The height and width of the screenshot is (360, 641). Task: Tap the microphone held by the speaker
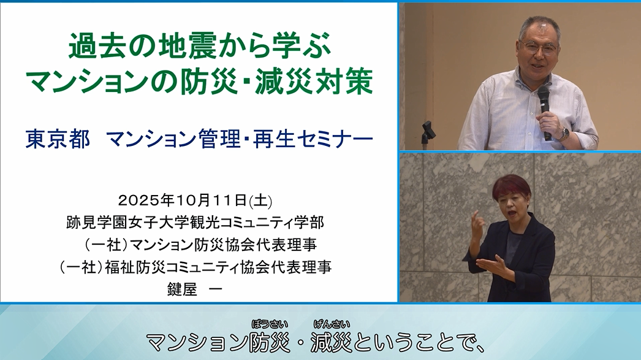pyautogui.click(x=544, y=101)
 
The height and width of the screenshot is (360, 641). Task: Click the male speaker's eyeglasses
pyautogui.click(x=539, y=47)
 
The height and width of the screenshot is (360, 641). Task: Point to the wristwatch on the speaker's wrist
pyautogui.click(x=563, y=133)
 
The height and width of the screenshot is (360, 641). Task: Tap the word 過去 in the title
pyautogui.click(x=90, y=46)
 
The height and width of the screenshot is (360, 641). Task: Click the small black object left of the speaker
pyautogui.click(x=428, y=131)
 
